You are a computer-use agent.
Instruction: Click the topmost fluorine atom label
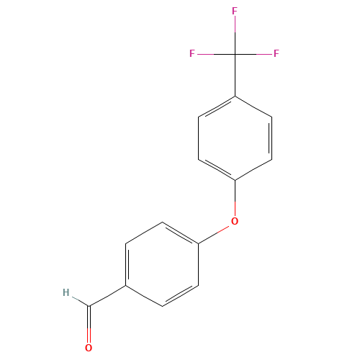point(235,12)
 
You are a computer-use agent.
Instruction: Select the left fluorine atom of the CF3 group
point(192,53)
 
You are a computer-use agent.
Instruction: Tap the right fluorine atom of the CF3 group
point(276,53)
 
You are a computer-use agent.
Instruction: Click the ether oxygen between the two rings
point(234,221)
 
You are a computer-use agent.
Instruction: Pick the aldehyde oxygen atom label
point(89,348)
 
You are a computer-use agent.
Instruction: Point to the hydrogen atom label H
point(66,293)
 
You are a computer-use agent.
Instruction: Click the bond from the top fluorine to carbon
point(235,34)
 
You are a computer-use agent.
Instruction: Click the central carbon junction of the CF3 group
point(235,53)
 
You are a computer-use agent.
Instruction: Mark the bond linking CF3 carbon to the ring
point(235,75)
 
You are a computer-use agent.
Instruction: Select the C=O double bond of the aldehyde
point(89,324)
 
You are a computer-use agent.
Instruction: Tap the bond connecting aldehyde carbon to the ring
point(107,295)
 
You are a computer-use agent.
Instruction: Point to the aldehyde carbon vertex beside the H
point(89,305)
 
